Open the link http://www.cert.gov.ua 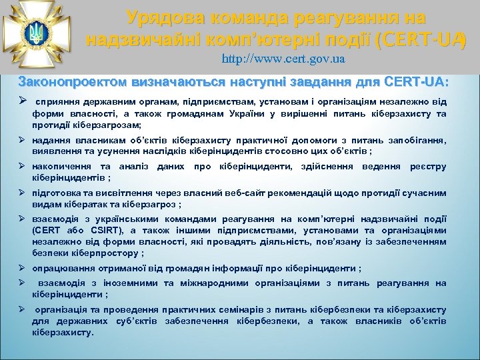click(283, 59)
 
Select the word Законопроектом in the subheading click(65, 82)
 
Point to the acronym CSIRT click(83, 230)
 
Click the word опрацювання click(62, 269)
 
